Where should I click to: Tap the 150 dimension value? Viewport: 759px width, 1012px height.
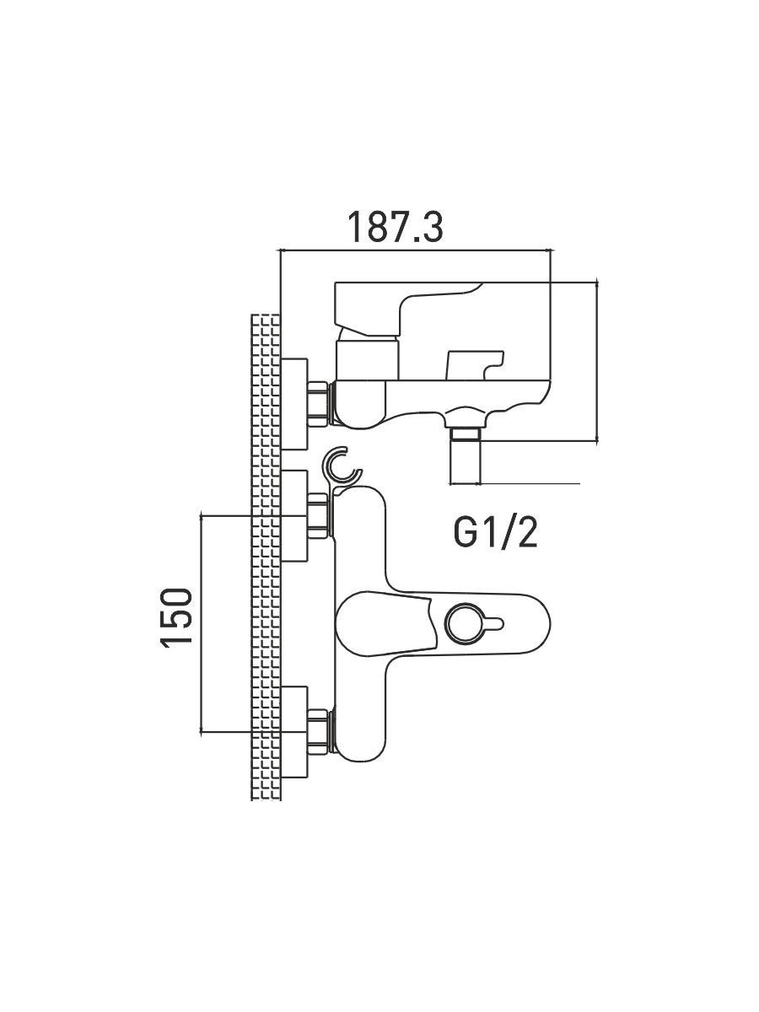pos(178,617)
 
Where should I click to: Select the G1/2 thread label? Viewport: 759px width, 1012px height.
pos(495,533)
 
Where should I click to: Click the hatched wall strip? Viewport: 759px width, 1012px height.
pos(266,557)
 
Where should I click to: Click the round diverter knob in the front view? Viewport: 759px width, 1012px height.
pos(463,625)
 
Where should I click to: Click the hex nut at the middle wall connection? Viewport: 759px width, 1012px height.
pos(318,514)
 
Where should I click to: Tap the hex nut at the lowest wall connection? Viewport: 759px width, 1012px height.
pos(318,730)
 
